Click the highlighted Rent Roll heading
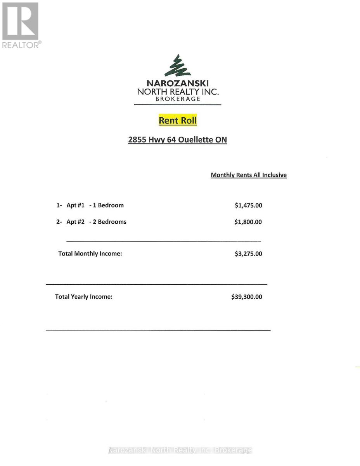click(x=178, y=120)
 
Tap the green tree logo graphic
click(x=178, y=66)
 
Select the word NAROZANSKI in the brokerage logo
click(x=178, y=83)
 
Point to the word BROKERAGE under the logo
click(x=178, y=99)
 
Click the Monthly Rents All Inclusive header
click(x=249, y=175)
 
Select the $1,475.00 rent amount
click(x=248, y=205)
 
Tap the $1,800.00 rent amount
click(x=248, y=222)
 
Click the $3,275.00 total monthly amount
click(x=248, y=254)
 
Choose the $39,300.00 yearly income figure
click(x=247, y=297)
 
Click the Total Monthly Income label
click(x=90, y=254)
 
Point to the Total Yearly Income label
click(x=84, y=297)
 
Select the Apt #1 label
click(x=75, y=205)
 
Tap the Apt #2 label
click(x=75, y=222)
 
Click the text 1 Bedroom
click(x=108, y=205)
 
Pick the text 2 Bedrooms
click(x=110, y=222)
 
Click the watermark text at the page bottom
click(x=180, y=450)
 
